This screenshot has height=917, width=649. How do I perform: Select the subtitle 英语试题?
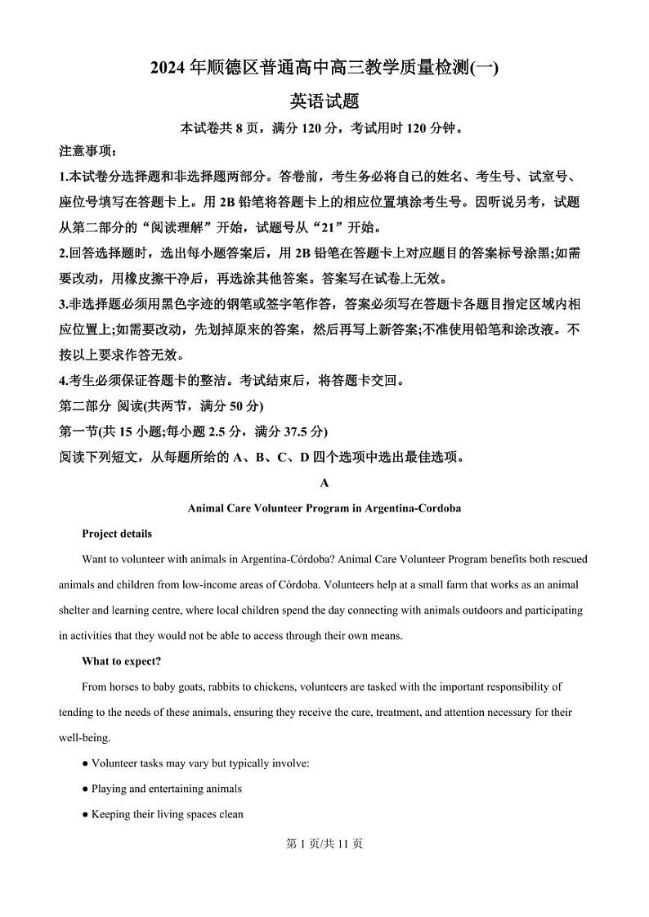(324, 101)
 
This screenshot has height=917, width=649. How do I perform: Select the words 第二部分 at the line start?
(85, 406)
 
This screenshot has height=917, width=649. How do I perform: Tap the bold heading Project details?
(117, 535)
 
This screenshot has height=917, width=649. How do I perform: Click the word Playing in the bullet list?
(109, 790)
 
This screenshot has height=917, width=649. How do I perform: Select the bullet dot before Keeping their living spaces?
(85, 815)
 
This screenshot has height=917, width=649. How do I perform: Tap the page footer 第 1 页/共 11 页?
(324, 844)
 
